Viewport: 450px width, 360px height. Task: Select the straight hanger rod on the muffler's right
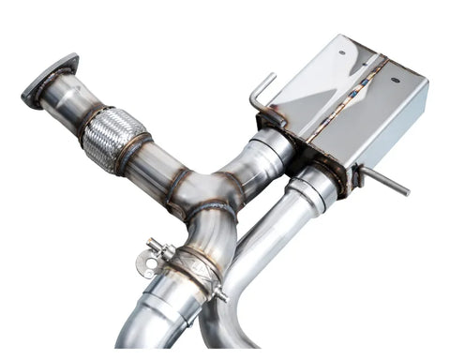[389, 183]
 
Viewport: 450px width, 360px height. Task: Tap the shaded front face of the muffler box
[394, 131]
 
